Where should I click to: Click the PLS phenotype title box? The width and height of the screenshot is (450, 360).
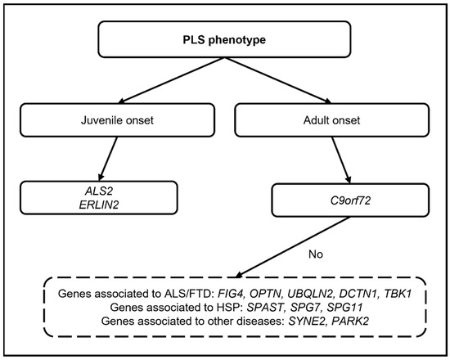pyautogui.click(x=224, y=39)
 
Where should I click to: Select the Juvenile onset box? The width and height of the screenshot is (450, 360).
pyautogui.click(x=117, y=120)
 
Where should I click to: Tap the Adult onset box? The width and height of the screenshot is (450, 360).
pyautogui.click(x=331, y=120)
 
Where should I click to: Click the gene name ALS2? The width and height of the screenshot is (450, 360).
pyautogui.click(x=99, y=191)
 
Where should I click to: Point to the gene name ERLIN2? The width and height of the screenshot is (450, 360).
pyautogui.click(x=99, y=205)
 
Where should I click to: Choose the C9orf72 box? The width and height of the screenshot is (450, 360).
pyautogui.click(x=350, y=200)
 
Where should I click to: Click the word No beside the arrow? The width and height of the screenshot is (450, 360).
pyautogui.click(x=316, y=254)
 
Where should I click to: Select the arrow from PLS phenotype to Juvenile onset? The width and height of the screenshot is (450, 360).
pyautogui.click(x=172, y=80)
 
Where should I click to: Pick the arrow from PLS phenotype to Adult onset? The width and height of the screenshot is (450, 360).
pyautogui.click(x=278, y=80)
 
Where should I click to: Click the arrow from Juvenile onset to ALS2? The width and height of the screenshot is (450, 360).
pyautogui.click(x=108, y=159)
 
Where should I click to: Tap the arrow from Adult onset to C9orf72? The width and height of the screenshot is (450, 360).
pyautogui.click(x=341, y=160)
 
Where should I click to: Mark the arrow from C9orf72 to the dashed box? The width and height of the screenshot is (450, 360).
pyautogui.click(x=293, y=247)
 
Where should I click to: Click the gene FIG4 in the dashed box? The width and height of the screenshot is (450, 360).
pyautogui.click(x=231, y=294)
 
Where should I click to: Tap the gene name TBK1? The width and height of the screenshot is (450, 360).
pyautogui.click(x=398, y=294)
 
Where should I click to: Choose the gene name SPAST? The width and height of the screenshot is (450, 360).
pyautogui.click(x=265, y=308)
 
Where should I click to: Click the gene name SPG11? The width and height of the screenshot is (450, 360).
pyautogui.click(x=344, y=308)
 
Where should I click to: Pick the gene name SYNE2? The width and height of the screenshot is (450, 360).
pyautogui.click(x=307, y=321)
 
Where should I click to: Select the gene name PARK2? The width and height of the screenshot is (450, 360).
pyautogui.click(x=350, y=321)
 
